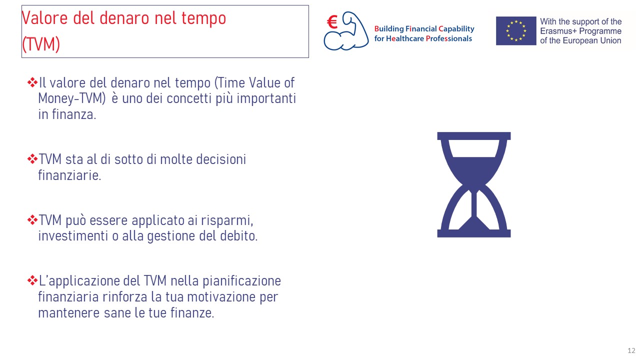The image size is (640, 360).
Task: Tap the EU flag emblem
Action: (516, 31)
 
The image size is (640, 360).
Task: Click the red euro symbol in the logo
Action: (332, 22)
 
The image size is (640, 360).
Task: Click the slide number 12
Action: (631, 350)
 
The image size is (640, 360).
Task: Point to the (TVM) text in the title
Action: (41, 44)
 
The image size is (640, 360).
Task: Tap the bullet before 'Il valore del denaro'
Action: (32, 82)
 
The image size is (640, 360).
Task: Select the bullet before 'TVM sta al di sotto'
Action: (32, 159)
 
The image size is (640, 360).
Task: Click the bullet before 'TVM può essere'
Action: (32, 220)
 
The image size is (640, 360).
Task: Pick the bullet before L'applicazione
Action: (32, 280)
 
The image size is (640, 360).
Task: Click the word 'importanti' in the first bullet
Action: (266, 99)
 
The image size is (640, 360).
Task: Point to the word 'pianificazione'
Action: (241, 281)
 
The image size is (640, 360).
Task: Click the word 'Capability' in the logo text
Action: (456, 29)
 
